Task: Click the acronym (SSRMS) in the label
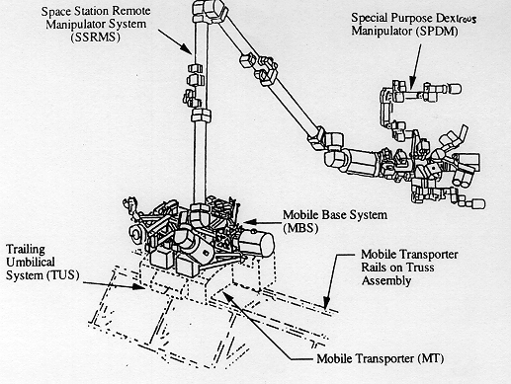tap(96, 38)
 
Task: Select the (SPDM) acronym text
tap(437, 32)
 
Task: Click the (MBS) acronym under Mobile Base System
tap(300, 228)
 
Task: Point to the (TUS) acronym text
tap(62, 275)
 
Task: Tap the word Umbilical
tap(31, 263)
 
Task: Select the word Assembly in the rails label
tap(386, 281)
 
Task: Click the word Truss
tap(420, 268)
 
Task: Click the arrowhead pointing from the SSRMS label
tap(187, 49)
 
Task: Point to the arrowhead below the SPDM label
tap(412, 84)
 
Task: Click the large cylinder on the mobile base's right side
tap(256, 244)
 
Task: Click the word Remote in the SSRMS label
tap(131, 11)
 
